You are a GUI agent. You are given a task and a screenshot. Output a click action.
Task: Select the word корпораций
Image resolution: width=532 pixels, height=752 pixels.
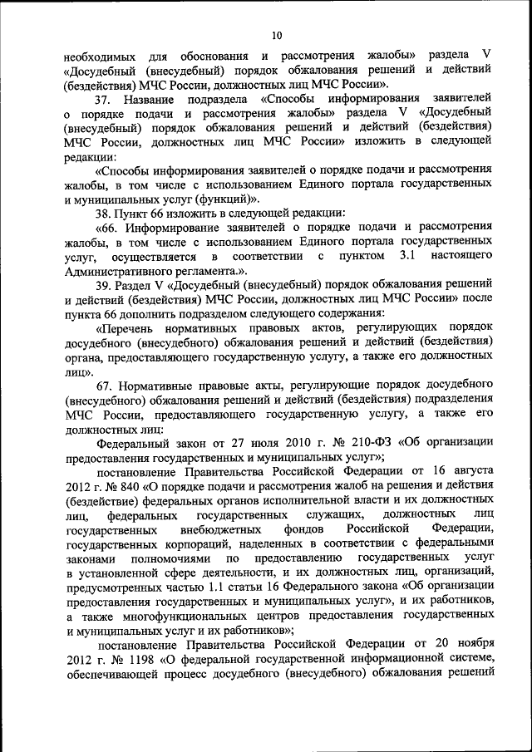pyautogui.click(x=200, y=543)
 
